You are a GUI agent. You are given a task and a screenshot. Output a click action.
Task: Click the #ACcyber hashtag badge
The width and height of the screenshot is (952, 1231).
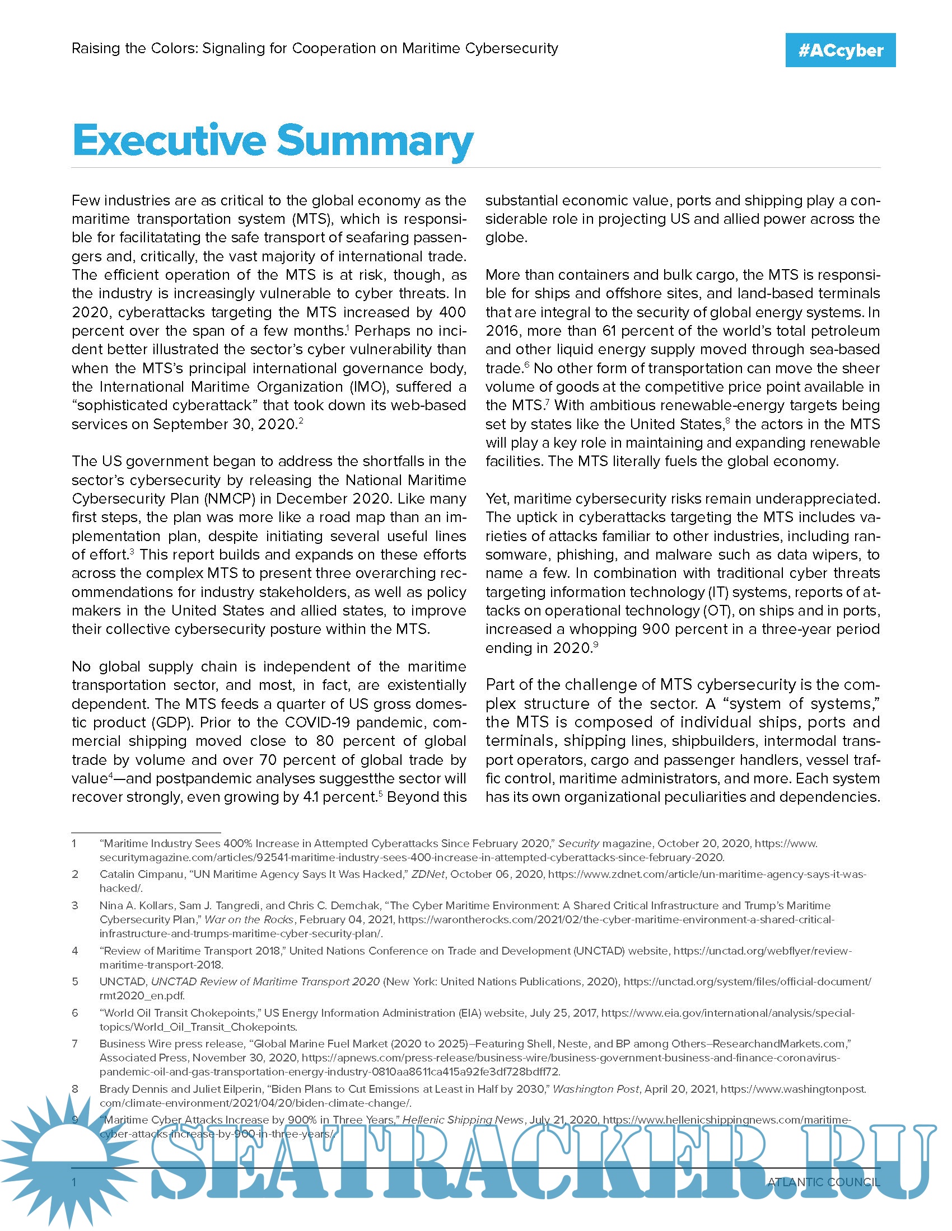tap(840, 50)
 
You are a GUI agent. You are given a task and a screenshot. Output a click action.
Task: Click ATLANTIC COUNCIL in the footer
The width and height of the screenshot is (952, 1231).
tap(823, 1182)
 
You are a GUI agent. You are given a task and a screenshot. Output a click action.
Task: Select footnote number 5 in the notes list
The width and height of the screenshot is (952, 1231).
tap(75, 981)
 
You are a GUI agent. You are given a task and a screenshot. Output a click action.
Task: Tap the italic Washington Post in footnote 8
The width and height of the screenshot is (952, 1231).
tap(596, 1089)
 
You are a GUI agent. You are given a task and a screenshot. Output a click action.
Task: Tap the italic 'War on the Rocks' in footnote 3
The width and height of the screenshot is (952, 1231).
tap(249, 919)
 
